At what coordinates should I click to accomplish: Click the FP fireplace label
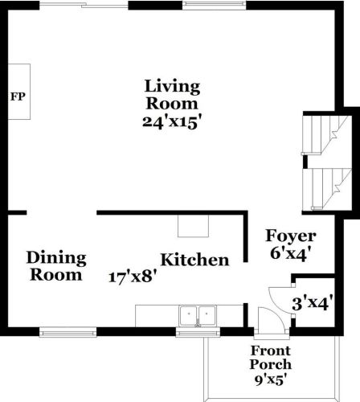pos(17,96)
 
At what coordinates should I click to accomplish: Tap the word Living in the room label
pos(172,86)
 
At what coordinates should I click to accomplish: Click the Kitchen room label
pos(194,260)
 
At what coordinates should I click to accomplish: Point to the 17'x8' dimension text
pos(133,277)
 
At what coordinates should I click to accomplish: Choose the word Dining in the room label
pos(56,258)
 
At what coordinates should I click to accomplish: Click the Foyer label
pos(290,237)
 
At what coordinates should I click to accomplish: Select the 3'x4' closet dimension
pos(314,303)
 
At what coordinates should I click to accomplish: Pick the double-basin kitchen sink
pos(198,314)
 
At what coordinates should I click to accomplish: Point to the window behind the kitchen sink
pos(198,330)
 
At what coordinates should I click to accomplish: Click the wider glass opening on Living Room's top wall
pos(84,6)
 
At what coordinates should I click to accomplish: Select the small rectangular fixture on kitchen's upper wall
pos(193,227)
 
